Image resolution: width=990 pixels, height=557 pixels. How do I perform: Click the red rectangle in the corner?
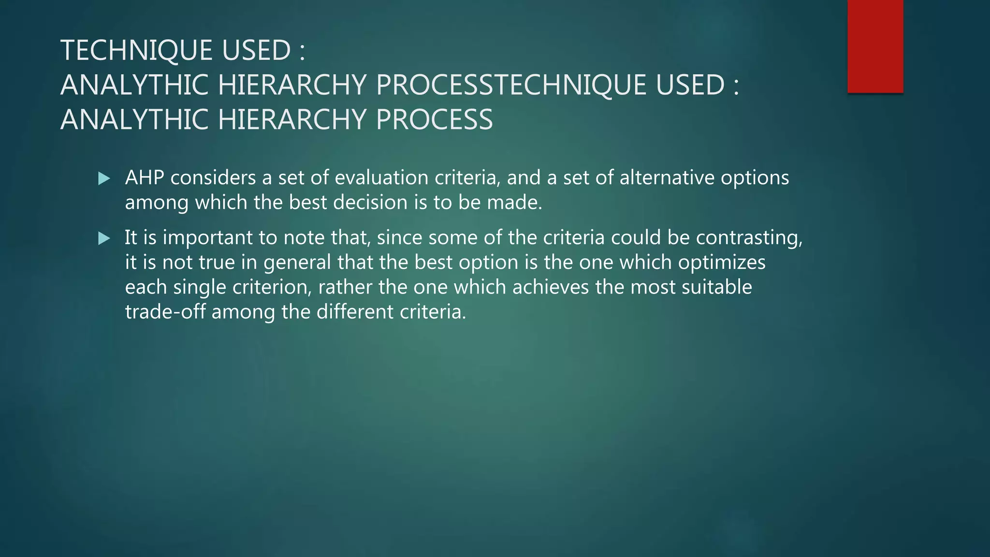(875, 46)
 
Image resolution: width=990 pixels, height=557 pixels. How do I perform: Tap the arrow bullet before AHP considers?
(104, 179)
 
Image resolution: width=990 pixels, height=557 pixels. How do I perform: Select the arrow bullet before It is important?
(104, 238)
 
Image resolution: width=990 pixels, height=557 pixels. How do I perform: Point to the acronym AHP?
(145, 178)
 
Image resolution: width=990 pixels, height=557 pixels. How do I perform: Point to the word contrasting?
(749, 238)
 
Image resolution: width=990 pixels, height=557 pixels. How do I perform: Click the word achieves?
(550, 288)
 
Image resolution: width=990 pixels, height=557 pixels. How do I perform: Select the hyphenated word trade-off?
(165, 312)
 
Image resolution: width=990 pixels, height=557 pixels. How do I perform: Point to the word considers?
(213, 178)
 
